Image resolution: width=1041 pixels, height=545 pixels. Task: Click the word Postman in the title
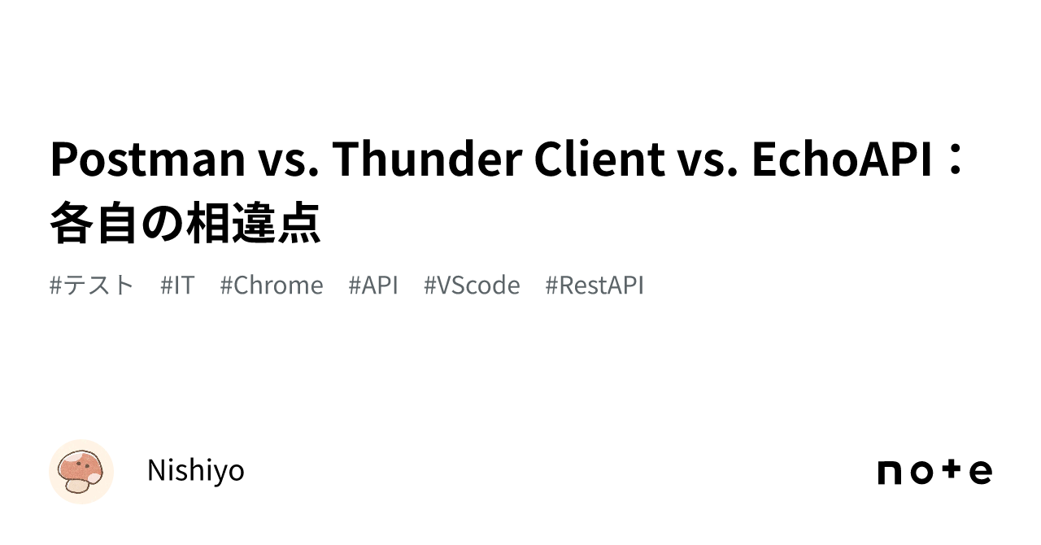pos(147,159)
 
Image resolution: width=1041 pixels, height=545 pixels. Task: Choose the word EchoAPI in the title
pos(842,159)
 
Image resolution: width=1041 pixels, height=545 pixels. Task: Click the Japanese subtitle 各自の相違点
pos(185,223)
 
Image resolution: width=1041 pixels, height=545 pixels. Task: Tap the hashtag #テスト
pos(92,286)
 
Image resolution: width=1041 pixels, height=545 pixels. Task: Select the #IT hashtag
pos(177,286)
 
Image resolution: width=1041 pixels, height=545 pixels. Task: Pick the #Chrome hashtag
pos(272,286)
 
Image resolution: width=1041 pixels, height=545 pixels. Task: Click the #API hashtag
pos(373,286)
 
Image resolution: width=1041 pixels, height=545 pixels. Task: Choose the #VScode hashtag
pos(472,286)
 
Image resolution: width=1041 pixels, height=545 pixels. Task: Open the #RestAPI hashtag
pos(595,286)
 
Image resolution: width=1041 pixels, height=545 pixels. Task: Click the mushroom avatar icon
pos(81,472)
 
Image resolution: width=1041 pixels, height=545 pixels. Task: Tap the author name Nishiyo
pos(195,471)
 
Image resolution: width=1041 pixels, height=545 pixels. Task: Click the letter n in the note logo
pos(892,473)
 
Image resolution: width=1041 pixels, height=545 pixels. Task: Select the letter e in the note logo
pos(980,473)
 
